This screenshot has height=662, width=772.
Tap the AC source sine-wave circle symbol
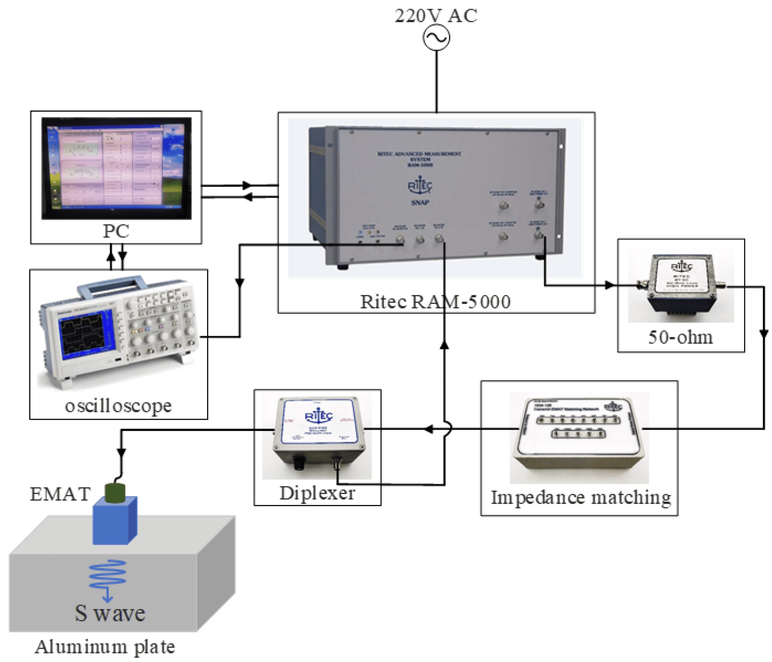[436, 38]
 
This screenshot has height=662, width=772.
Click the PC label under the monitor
[116, 231]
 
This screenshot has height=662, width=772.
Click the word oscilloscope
[118, 406]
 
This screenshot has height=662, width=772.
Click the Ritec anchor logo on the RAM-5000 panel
[420, 185]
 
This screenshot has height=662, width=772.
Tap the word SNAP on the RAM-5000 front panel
[420, 202]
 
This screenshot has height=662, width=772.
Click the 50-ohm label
[680, 337]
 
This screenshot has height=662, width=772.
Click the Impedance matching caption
[581, 498]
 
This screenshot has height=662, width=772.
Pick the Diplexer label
[317, 493]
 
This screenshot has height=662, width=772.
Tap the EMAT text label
[60, 494]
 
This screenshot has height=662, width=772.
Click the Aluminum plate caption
[105, 647]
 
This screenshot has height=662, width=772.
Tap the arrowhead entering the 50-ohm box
[609, 285]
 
